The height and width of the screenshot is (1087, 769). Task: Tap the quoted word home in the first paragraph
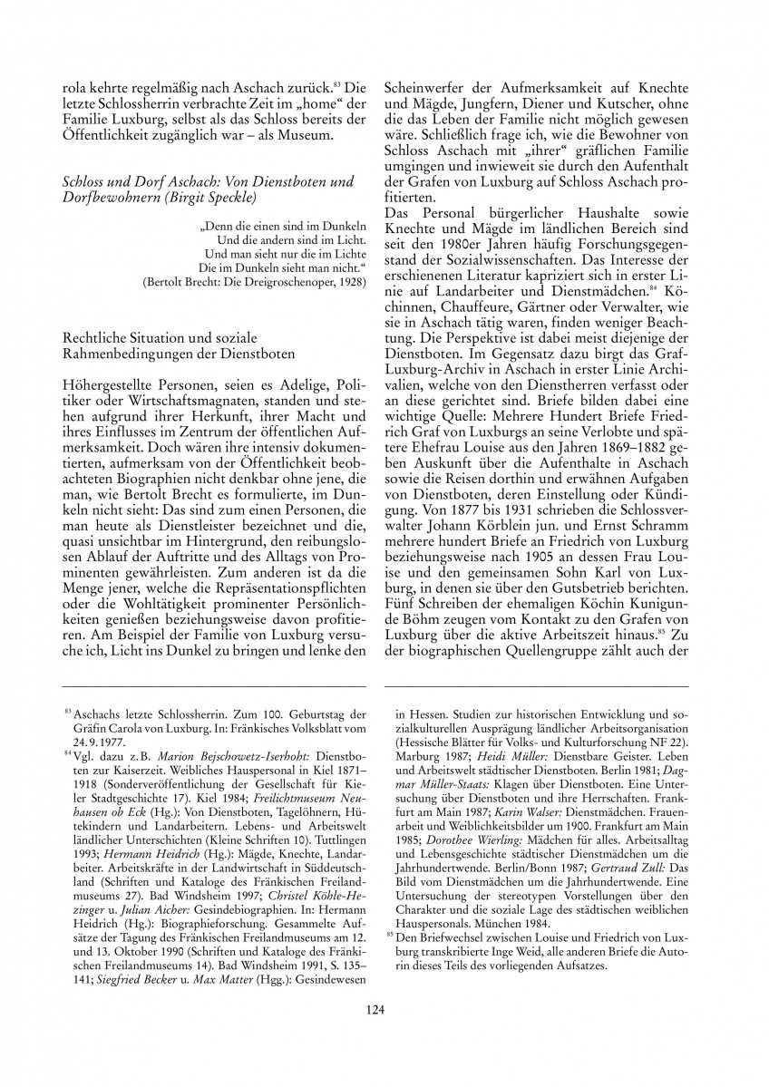tap(283, 104)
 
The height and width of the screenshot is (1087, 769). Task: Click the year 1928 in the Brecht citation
tap(351, 282)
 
